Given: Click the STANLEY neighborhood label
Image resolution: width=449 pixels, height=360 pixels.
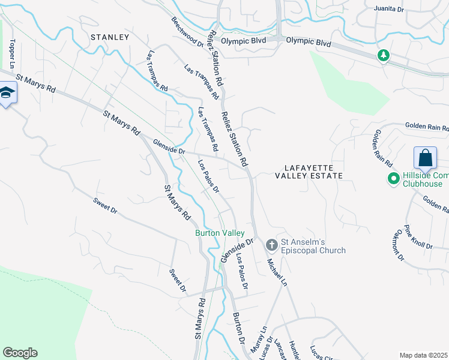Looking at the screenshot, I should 110,37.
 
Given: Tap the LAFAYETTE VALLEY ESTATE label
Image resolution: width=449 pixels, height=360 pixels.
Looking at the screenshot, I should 309,171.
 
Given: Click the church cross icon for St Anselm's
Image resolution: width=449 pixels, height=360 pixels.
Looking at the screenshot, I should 271,244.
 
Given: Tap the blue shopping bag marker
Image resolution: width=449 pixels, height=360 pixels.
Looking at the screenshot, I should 425,158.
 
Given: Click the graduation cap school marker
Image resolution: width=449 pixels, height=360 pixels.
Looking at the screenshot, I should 7,93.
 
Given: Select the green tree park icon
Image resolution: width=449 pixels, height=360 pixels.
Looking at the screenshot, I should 383,56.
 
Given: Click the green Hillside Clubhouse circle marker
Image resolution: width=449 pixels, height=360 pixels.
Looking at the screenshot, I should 394,179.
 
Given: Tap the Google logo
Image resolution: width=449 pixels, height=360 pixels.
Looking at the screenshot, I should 20,353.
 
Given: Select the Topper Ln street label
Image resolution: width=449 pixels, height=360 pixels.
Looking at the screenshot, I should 11,53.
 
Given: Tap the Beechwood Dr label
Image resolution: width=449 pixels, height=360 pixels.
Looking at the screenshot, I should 187,31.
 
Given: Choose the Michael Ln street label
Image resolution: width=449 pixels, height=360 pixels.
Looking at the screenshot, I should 277,271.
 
